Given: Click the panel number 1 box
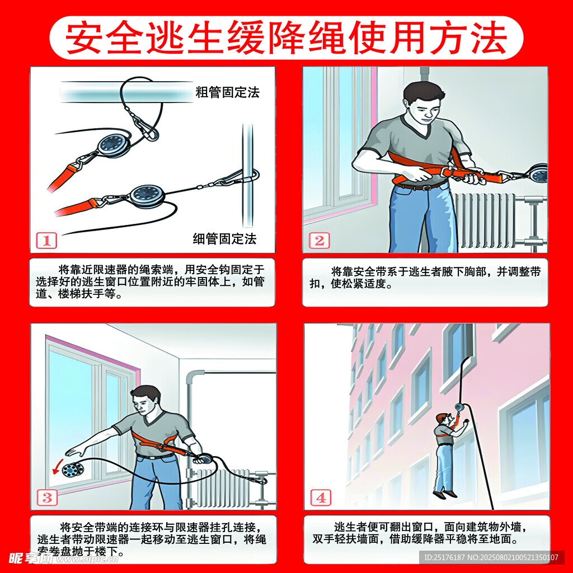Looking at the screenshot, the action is point(46,241).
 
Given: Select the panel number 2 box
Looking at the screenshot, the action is point(320,241).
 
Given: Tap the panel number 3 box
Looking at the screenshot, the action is point(47,497).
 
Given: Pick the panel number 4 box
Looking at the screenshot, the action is point(321,497).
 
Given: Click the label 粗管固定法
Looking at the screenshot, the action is point(227,92).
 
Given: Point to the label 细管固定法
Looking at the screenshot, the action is point(225,238).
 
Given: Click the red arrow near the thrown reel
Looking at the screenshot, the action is point(58,467).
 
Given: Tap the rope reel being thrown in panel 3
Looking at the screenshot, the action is point(73,469).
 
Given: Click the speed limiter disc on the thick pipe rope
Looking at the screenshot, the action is point(113,145).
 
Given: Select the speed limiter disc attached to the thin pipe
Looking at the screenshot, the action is point(148,196).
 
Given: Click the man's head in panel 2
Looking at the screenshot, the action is point(425,102).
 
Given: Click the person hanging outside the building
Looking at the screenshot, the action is point(447,455).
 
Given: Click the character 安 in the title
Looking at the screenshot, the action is point(84,37).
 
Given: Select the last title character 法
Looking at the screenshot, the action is point(488,37).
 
